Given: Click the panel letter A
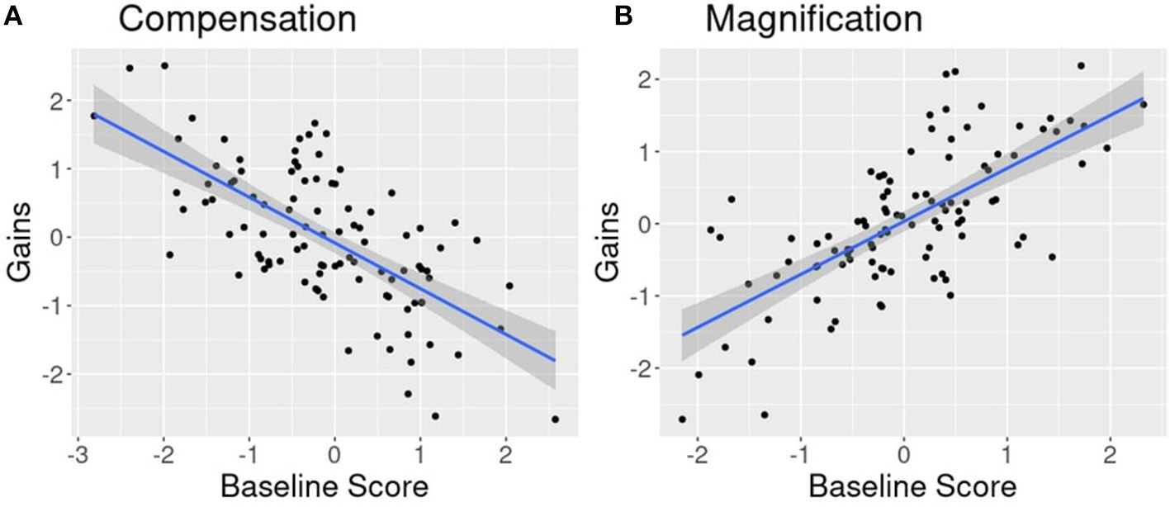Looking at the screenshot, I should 12,17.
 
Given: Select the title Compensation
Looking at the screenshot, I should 237,19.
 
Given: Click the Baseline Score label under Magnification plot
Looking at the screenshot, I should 904,486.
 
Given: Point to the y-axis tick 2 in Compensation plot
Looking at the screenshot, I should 56,101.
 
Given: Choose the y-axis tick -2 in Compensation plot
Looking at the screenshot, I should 53,374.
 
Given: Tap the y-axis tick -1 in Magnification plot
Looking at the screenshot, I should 639,296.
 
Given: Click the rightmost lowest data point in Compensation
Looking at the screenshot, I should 555,419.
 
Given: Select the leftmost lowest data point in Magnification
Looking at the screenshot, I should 682,419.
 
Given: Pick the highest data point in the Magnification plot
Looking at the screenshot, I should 1081,65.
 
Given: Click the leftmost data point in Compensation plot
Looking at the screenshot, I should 93,116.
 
